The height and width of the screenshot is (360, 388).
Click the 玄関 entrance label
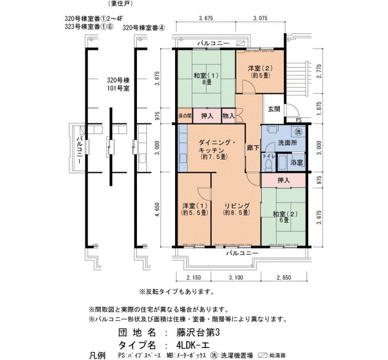click(274, 109)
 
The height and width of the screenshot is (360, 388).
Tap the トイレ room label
click(268, 156)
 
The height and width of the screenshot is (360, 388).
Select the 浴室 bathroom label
click(297, 162)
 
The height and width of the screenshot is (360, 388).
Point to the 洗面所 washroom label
click(288, 143)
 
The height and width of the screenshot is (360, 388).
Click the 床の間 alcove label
click(185, 115)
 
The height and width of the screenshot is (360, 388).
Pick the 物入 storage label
click(228, 115)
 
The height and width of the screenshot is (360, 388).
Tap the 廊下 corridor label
click(253, 148)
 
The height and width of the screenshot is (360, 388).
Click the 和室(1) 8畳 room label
click(206, 79)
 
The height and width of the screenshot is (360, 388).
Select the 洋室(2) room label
click(260, 71)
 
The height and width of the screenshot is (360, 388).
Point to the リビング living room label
click(237, 209)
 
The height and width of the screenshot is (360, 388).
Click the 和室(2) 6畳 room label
click(285, 217)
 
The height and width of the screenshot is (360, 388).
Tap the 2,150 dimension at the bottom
click(193, 277)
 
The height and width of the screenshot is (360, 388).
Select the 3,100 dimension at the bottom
click(236, 277)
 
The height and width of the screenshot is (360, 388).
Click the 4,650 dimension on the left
click(157, 210)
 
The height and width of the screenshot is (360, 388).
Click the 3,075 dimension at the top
click(261, 18)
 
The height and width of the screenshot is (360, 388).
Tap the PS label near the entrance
click(299, 120)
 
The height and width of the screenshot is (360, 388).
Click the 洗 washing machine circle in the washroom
click(298, 132)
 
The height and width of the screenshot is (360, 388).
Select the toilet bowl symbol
click(268, 165)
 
